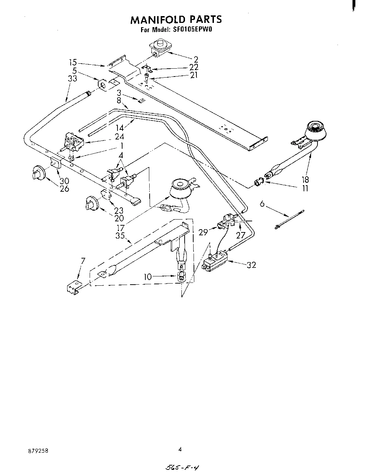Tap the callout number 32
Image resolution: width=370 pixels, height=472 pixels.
pyautogui.click(x=251, y=265)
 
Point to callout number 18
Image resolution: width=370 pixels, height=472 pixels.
pyautogui.click(x=305, y=180)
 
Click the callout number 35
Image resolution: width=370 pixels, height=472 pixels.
pyautogui.click(x=120, y=235)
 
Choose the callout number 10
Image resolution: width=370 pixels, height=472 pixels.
pyautogui.click(x=148, y=276)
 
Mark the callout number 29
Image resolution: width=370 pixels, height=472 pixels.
pyautogui.click(x=203, y=232)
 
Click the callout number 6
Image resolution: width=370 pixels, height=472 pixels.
pyautogui.click(x=262, y=204)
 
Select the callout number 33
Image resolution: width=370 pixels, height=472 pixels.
pyautogui.click(x=72, y=79)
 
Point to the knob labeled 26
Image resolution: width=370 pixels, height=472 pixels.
pyautogui.click(x=37, y=173)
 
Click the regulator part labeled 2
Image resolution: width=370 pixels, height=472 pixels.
pyautogui.click(x=160, y=48)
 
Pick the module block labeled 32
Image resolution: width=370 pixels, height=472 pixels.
pyautogui.click(x=216, y=260)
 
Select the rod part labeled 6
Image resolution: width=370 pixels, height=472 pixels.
pyautogui.click(x=289, y=219)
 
